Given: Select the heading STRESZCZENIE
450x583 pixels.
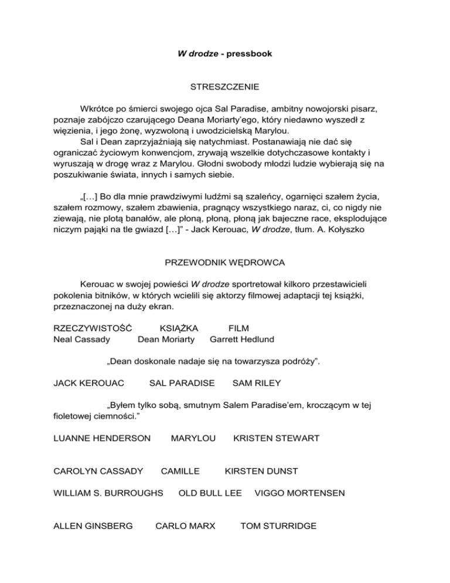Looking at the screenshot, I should pos(225,87).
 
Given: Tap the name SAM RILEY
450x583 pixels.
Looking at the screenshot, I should pos(257,383).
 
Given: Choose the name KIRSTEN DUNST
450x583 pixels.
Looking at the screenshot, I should pos(261,470).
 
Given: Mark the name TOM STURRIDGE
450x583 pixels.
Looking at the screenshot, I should pos(278,526).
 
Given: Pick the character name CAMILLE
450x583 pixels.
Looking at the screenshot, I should pos(180,470).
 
